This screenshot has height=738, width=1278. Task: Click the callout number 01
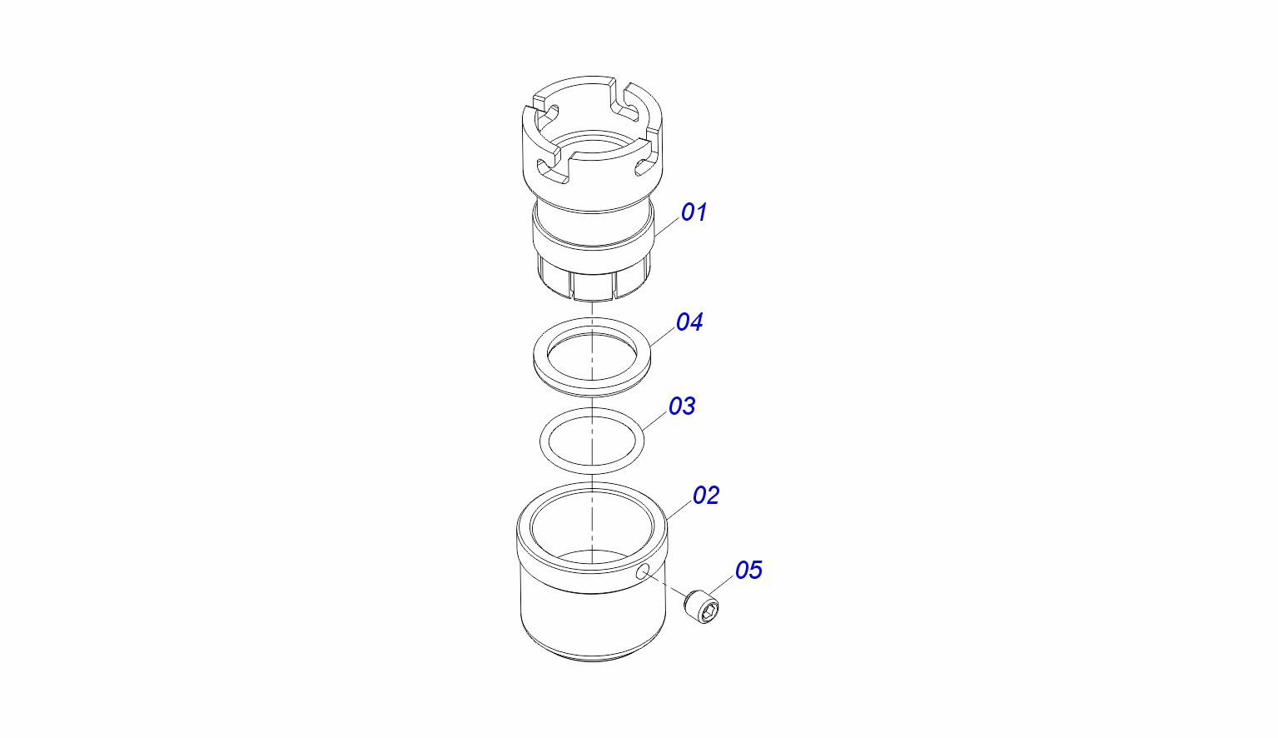click(x=694, y=212)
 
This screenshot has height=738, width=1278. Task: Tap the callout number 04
click(x=689, y=322)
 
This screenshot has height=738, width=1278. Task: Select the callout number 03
click(x=682, y=406)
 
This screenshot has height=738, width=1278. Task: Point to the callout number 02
click(x=706, y=496)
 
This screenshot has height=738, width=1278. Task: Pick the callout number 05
click(x=748, y=571)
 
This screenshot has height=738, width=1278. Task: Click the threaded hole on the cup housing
click(x=643, y=572)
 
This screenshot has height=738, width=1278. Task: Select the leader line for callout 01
click(x=668, y=227)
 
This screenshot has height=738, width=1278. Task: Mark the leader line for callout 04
click(x=663, y=337)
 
